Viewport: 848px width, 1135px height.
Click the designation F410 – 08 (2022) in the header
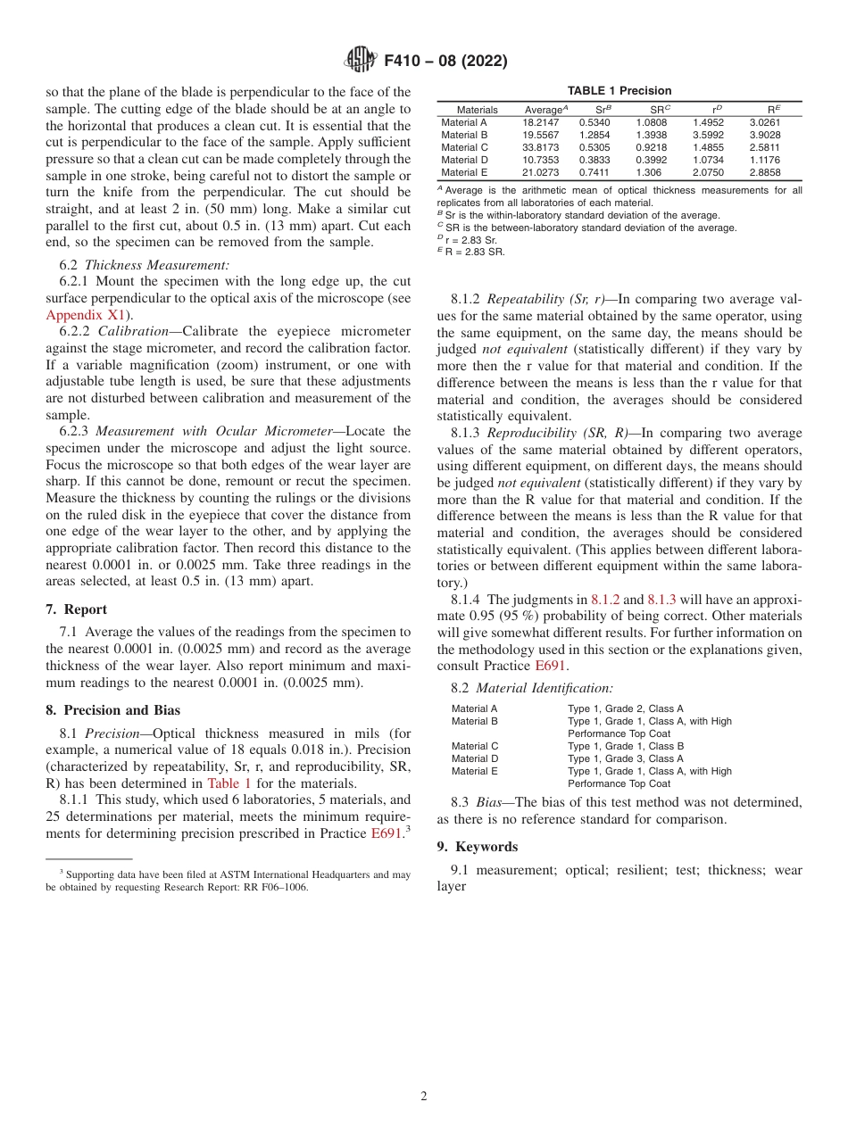[x=445, y=61]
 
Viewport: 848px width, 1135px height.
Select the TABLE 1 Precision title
[x=619, y=91]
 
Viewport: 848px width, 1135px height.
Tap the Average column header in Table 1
[x=545, y=109]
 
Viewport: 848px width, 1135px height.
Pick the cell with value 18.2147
[x=541, y=122]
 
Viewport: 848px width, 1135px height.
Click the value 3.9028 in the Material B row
[x=765, y=135]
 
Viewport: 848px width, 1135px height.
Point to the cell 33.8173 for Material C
[x=541, y=147]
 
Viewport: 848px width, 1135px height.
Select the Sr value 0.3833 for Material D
[x=594, y=160]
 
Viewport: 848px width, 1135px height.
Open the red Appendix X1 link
[x=84, y=314]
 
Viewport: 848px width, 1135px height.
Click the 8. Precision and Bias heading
[x=112, y=710]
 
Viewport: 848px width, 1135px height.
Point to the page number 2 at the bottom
[x=424, y=1097]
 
